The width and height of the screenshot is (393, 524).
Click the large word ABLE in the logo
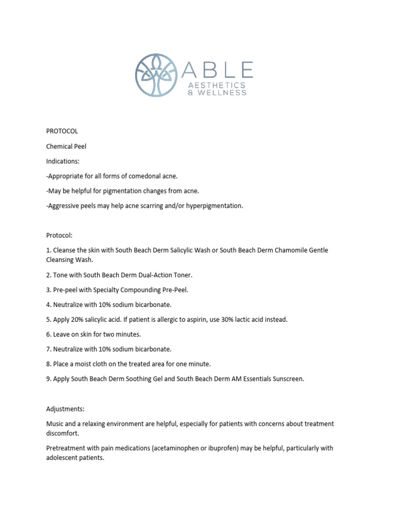tap(223, 70)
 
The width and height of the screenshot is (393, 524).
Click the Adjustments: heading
tap(67, 409)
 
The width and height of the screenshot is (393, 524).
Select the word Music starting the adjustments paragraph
tap(55, 424)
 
